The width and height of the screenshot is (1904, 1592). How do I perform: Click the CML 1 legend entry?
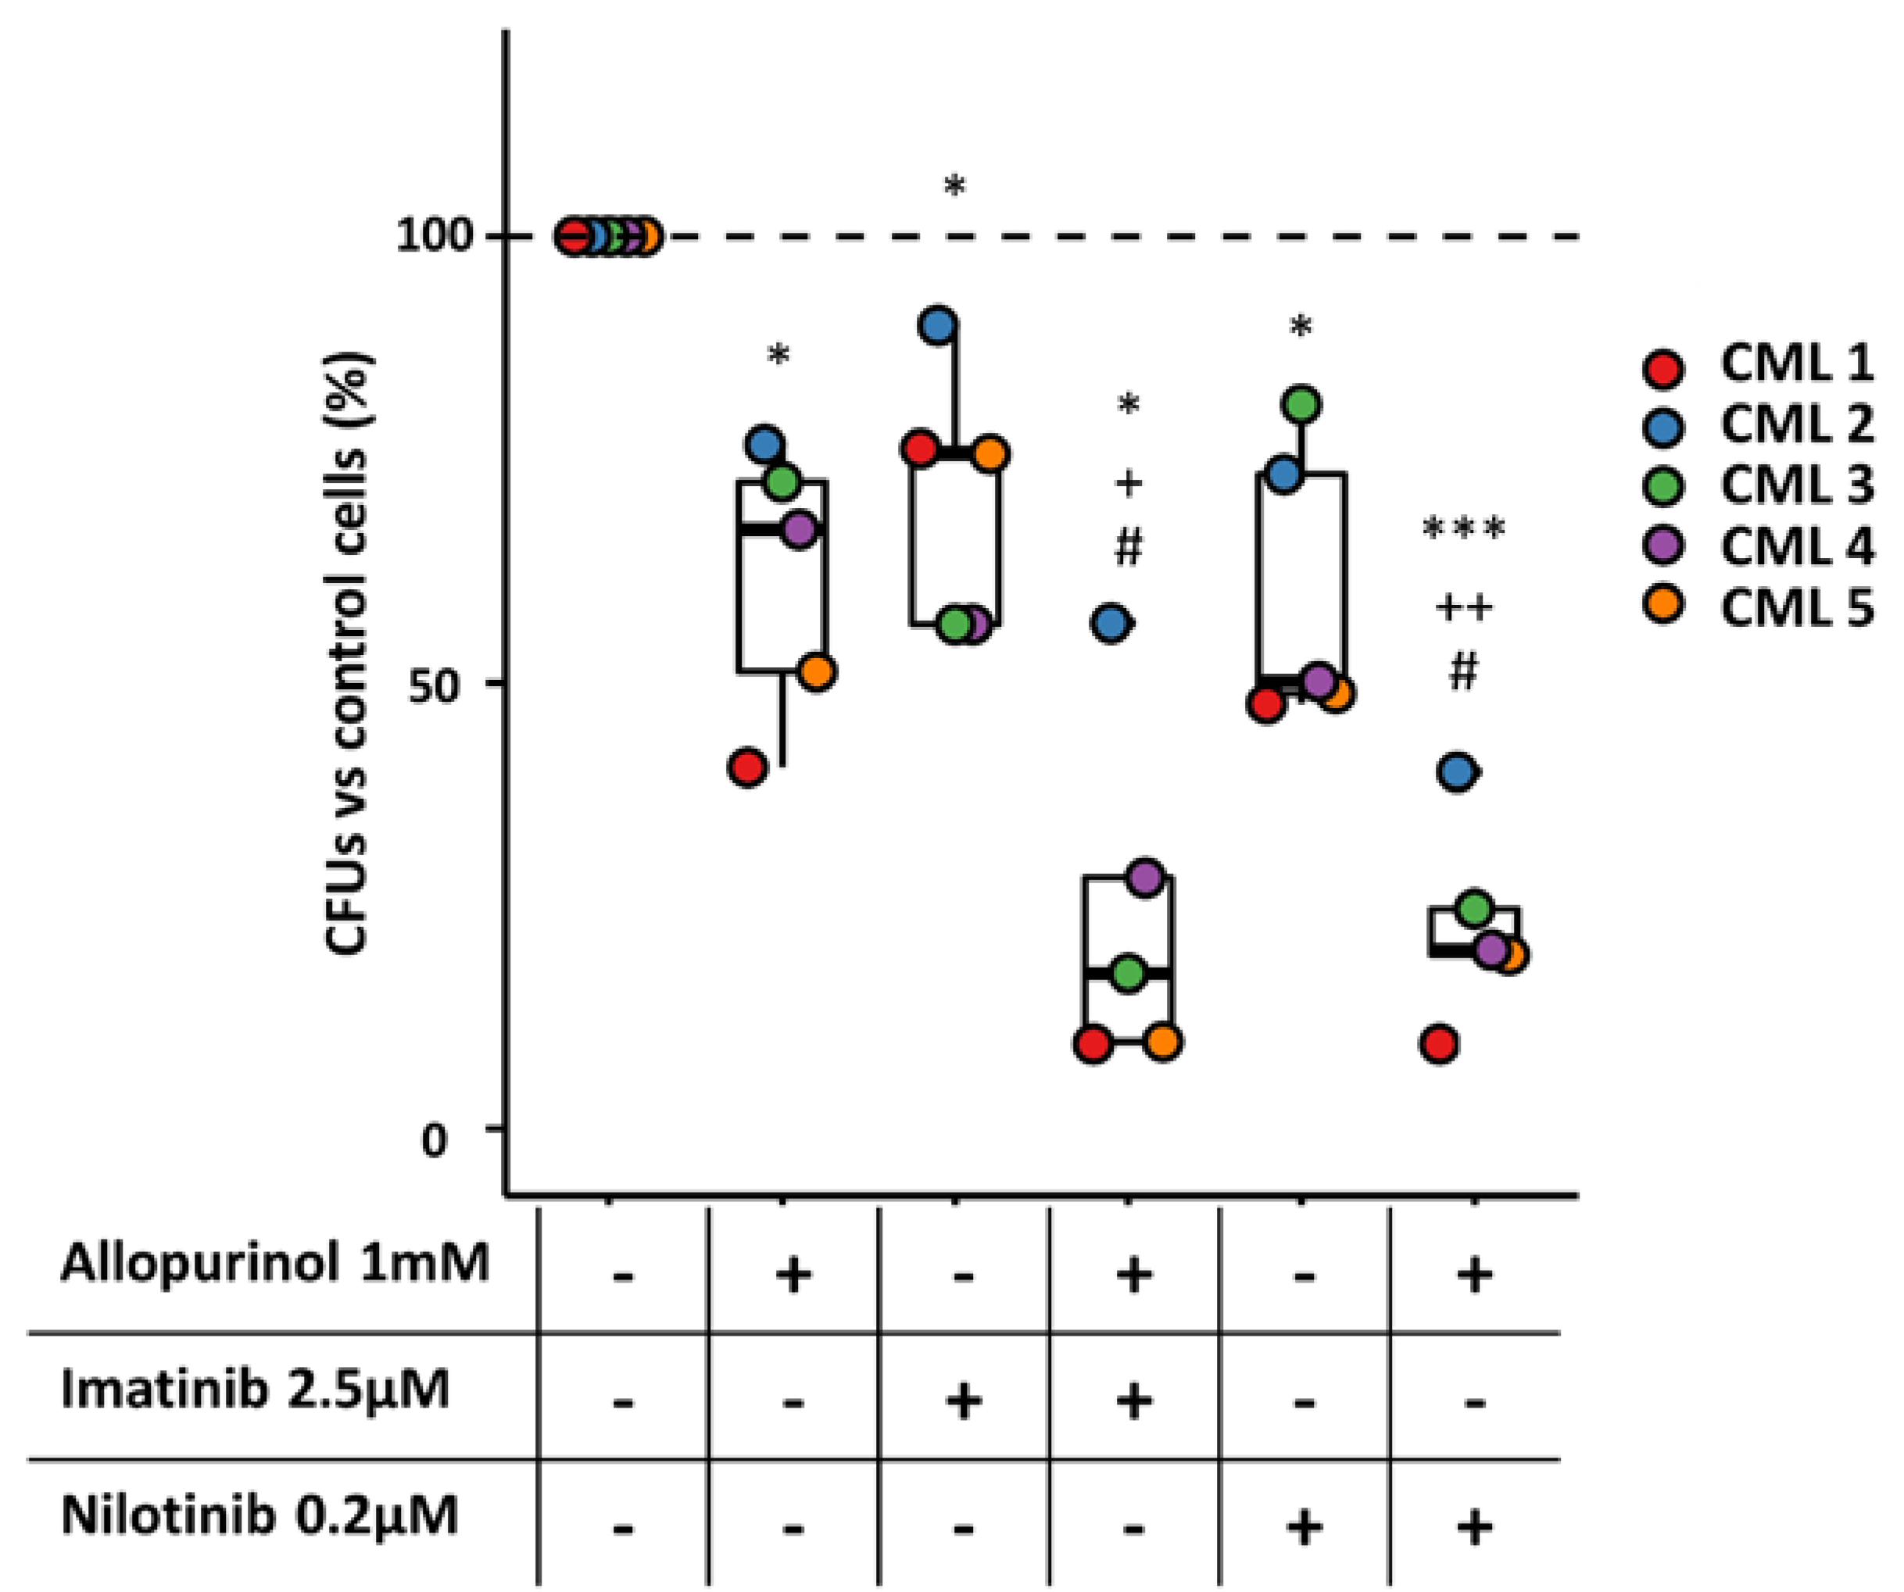(x=1795, y=364)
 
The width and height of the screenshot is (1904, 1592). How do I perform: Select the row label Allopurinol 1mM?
(x=274, y=1264)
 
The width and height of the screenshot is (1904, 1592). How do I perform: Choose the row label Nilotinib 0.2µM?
(x=259, y=1514)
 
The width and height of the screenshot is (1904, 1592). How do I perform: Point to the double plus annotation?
(x=1464, y=606)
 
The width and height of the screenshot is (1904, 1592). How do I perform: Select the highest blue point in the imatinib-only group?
(x=939, y=324)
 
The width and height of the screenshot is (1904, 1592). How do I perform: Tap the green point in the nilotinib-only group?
(x=1302, y=404)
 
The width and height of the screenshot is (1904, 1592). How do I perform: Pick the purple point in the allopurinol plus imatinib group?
(x=1146, y=877)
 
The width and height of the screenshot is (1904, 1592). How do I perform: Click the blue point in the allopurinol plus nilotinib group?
(x=1457, y=771)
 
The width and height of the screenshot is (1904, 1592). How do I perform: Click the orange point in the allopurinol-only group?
(x=817, y=673)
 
